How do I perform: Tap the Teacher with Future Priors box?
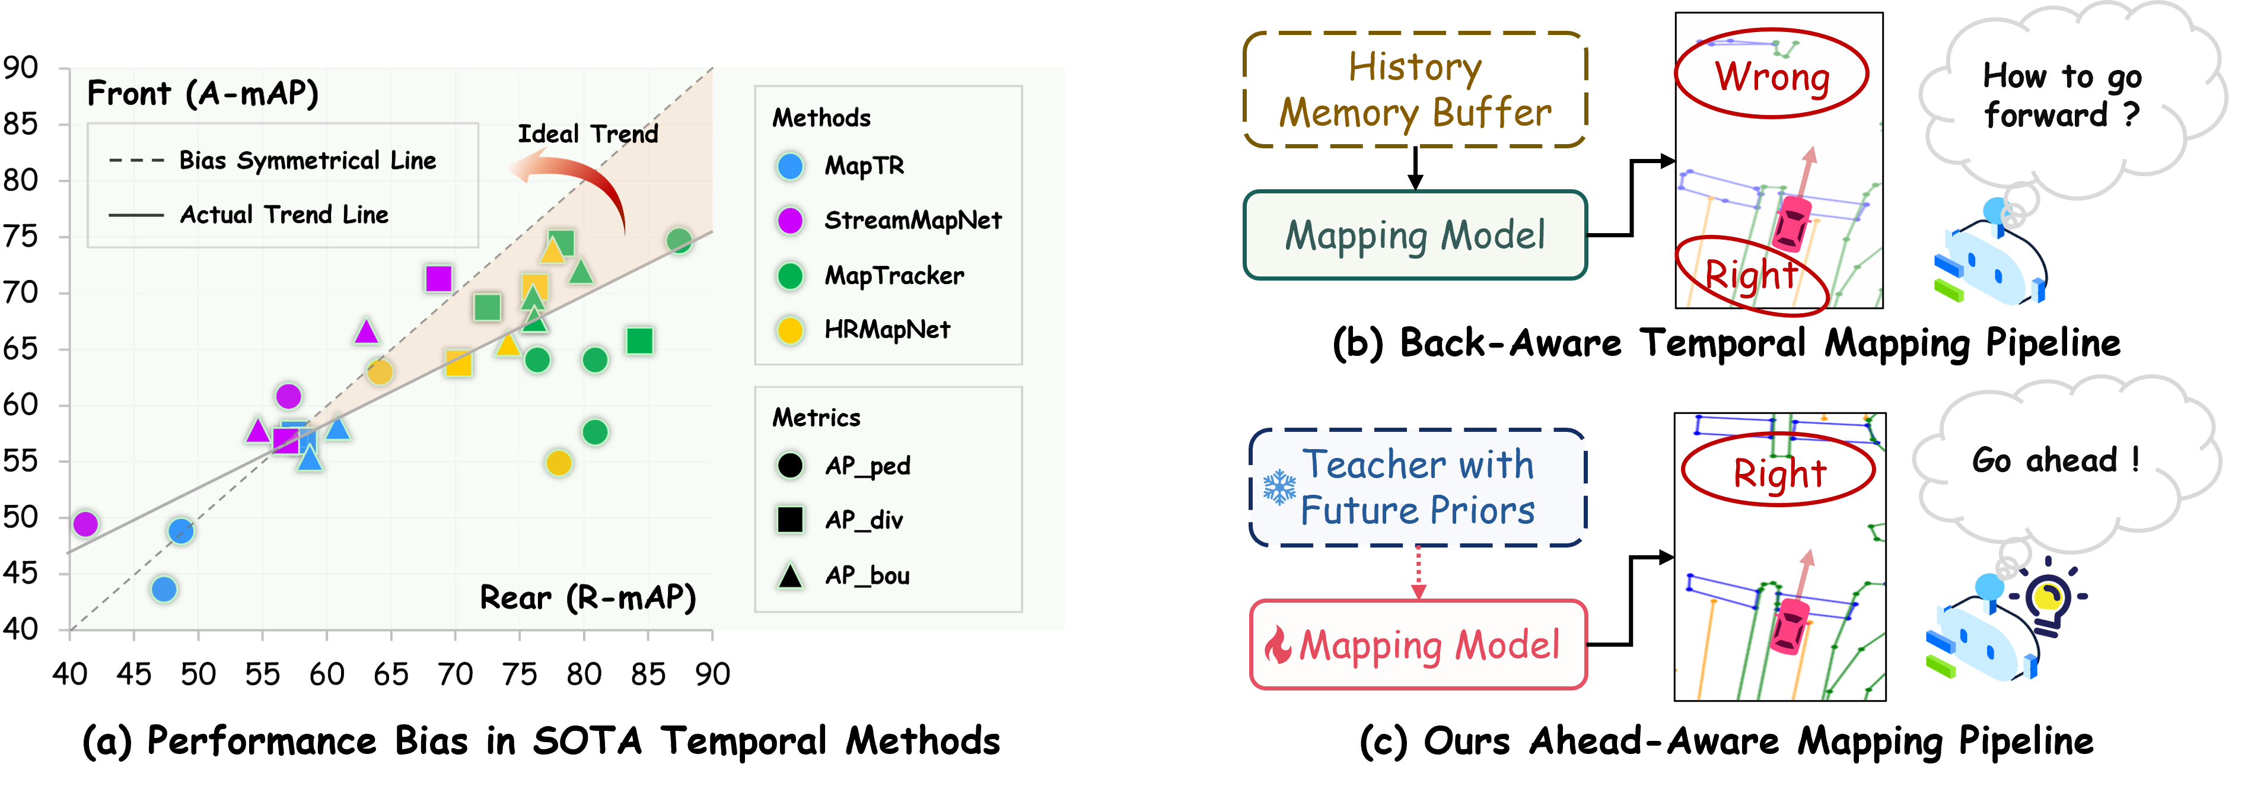point(1418,487)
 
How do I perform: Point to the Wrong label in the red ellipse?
point(1772,76)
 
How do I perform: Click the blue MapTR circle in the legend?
point(790,166)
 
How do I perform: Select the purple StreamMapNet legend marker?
point(790,220)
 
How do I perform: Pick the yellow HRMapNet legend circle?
point(790,330)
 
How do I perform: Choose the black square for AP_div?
point(790,519)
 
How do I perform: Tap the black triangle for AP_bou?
point(790,575)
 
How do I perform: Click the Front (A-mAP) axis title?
point(202,93)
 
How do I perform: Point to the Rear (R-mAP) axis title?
point(587,597)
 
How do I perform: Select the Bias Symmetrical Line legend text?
point(307,160)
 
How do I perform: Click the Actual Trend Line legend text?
point(284,215)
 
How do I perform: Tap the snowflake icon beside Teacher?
point(1279,487)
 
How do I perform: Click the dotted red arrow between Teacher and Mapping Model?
point(1418,572)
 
